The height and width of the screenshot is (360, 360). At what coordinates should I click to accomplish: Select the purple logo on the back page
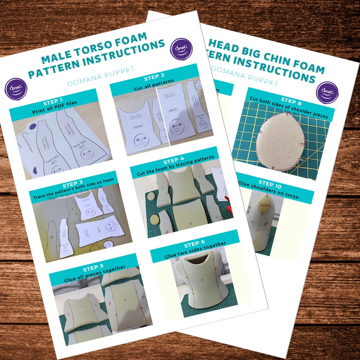pos(327,92)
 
